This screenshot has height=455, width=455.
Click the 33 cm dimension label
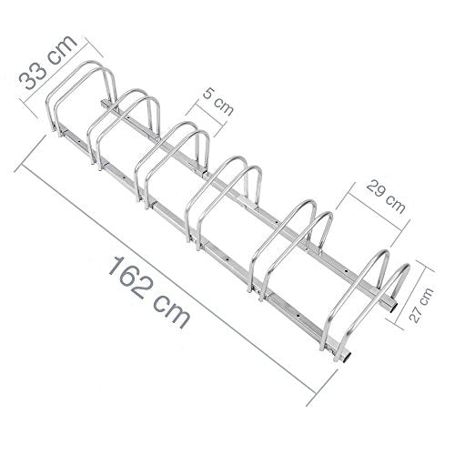pos(48,63)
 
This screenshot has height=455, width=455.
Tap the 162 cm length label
pos(150,292)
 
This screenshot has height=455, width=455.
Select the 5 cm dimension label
pos(218,102)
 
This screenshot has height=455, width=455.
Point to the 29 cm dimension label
pos(386,196)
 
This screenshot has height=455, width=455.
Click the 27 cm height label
pos(421,305)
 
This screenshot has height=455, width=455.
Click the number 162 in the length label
pos(132,278)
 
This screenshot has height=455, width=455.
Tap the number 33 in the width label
pos(34,76)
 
